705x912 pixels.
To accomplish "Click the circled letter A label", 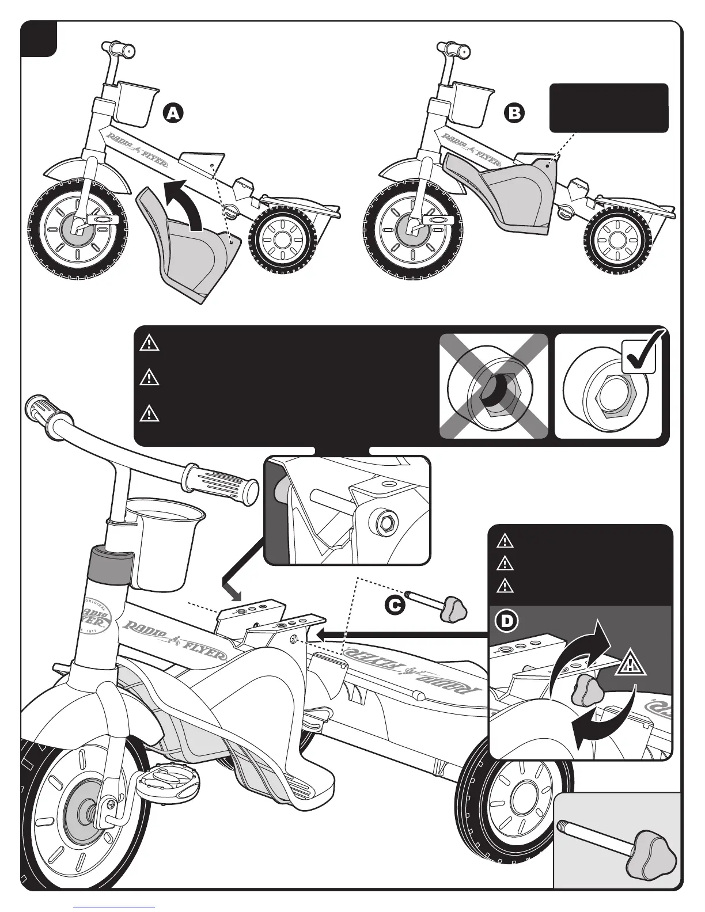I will click(172, 113).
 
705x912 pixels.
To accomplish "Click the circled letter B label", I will click(514, 113).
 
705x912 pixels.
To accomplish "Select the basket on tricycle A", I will click(135, 100).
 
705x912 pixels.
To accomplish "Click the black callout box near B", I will click(609, 108).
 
